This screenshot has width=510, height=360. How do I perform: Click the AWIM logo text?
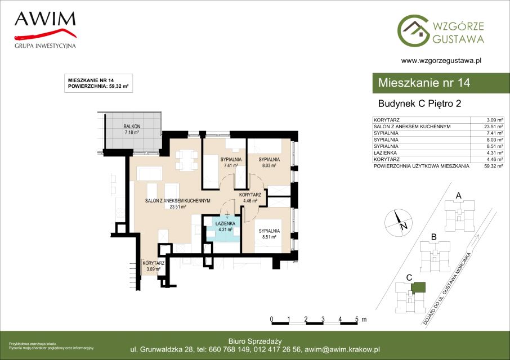[45, 19]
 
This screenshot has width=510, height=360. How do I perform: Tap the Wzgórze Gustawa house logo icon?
[413, 30]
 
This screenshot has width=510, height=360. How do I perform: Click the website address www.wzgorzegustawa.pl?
[441, 60]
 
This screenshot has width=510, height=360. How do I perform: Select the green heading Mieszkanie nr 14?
[424, 83]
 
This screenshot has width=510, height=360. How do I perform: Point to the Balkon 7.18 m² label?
[132, 129]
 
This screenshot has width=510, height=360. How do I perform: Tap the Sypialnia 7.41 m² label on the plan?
[231, 163]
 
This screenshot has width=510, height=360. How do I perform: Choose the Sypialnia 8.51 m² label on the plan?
[269, 234]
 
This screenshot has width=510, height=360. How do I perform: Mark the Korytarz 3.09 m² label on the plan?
[153, 266]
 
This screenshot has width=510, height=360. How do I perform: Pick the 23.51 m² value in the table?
[494, 127]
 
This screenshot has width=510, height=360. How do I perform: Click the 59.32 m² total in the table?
[494, 166]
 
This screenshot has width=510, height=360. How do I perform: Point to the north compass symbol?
[399, 222]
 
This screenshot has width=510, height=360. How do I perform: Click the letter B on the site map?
[433, 237]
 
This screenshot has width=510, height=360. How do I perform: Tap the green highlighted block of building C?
[418, 287]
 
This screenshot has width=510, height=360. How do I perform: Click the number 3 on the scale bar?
[323, 319]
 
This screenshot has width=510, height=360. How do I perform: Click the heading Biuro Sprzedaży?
[255, 341]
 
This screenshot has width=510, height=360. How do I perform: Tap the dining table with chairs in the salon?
[186, 160]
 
